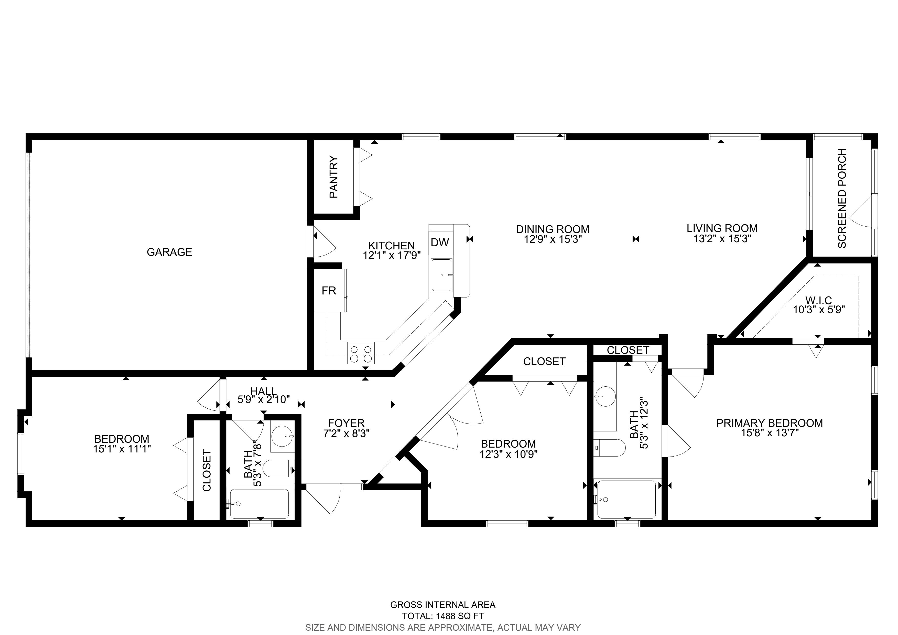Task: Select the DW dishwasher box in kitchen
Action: click(440, 242)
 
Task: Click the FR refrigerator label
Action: click(329, 290)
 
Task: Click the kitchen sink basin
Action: click(441, 275)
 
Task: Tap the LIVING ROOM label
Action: click(722, 228)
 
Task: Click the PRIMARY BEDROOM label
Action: click(769, 423)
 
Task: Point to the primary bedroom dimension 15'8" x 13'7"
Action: click(769, 433)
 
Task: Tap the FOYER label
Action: click(346, 423)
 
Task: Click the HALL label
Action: click(263, 391)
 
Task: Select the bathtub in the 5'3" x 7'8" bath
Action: click(259, 504)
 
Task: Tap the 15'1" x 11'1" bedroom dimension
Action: click(122, 449)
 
